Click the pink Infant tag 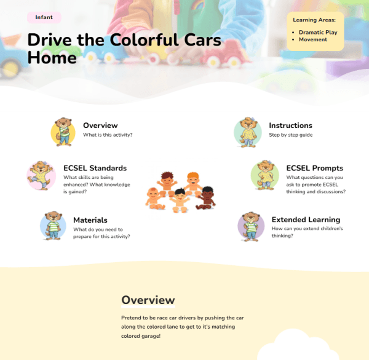tap(44, 17)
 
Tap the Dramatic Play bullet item tap(318, 32)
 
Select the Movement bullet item tap(313, 39)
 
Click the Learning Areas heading tap(314, 20)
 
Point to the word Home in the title tap(52, 58)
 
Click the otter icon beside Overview tap(63, 132)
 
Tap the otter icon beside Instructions tap(248, 132)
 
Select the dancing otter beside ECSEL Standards tap(41, 175)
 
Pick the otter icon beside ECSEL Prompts tap(264, 175)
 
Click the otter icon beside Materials tap(53, 226)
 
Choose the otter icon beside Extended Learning tap(251, 226)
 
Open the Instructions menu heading tap(290, 126)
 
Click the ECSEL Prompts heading tap(315, 168)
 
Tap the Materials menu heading tap(90, 220)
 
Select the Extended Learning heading tap(306, 220)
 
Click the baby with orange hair tap(192, 183)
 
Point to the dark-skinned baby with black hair tap(206, 198)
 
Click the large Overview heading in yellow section tap(148, 300)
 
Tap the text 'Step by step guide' tap(291, 135)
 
